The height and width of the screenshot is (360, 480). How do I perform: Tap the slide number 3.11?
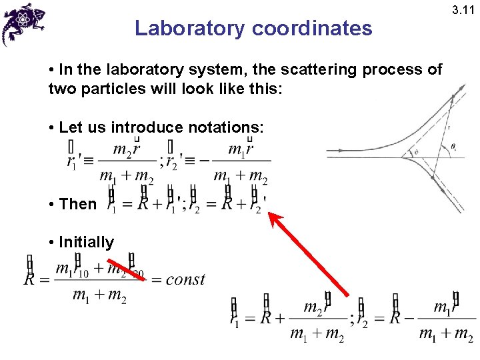pyautogui.click(x=465, y=10)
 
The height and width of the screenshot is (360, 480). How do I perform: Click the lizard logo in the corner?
pyautogui.click(x=23, y=23)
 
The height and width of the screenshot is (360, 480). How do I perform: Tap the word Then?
pyautogui.click(x=77, y=204)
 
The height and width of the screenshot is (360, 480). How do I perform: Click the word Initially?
pyautogui.click(x=86, y=242)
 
